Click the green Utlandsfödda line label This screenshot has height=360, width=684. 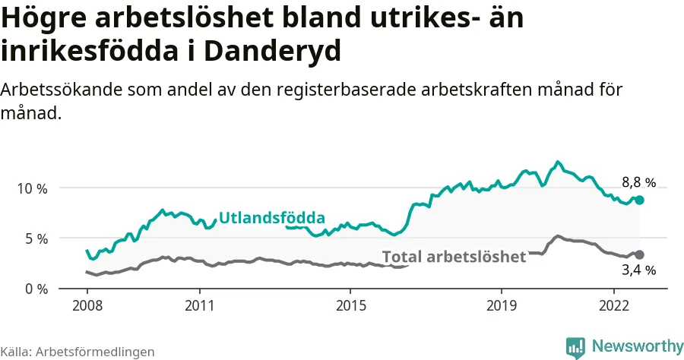271,219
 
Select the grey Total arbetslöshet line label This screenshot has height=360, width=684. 454,257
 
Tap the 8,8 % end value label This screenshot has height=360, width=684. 638,182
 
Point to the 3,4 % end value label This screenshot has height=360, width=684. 638,270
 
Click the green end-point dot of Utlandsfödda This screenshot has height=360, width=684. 640,200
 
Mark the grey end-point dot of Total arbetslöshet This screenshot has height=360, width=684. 640,254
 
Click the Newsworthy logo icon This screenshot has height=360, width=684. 575,347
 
